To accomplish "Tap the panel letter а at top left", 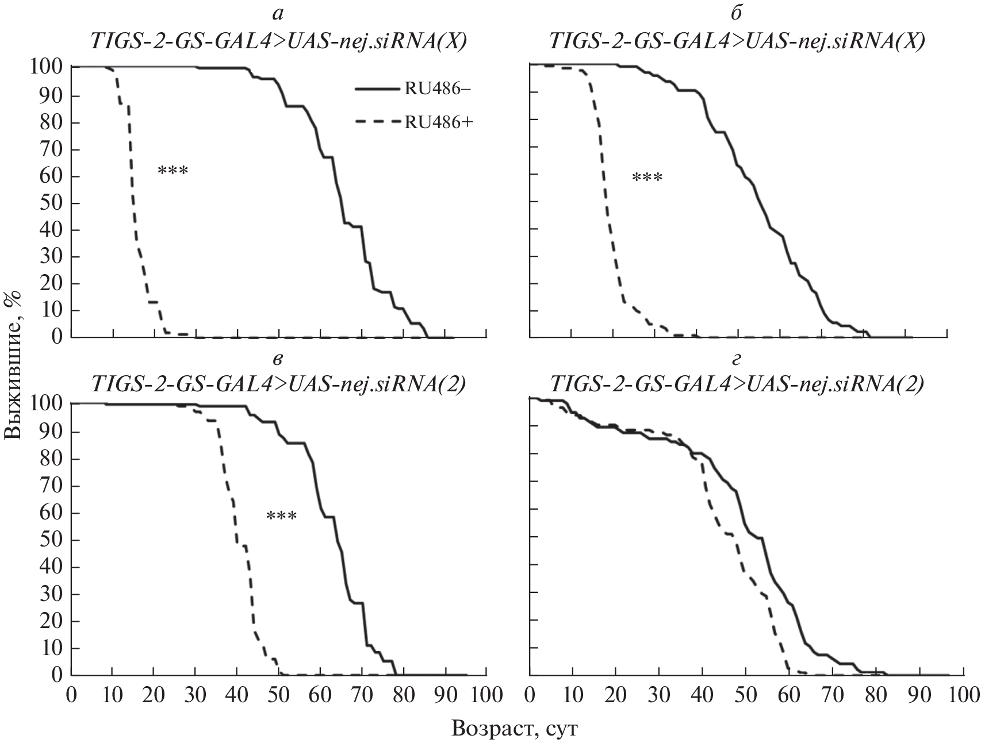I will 279,13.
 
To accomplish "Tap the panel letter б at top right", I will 737,13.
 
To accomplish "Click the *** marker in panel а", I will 173,171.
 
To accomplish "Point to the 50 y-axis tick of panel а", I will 51,203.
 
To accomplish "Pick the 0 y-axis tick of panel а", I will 57,337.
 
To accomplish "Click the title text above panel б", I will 737,41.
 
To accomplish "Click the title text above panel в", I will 279,383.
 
